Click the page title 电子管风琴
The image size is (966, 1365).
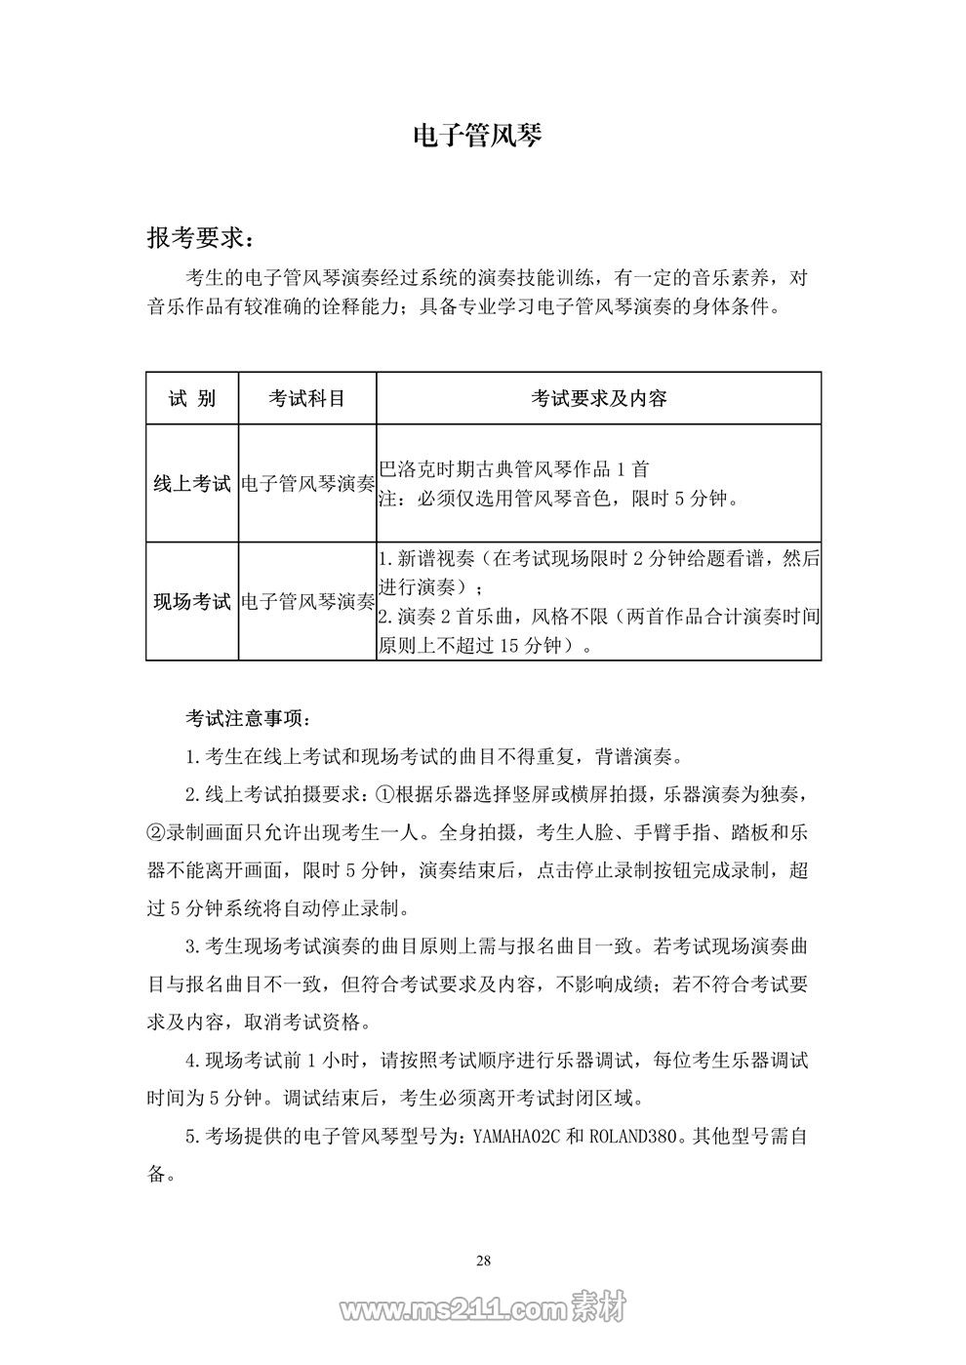477,136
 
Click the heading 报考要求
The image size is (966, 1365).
204,238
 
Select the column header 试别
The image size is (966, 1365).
192,398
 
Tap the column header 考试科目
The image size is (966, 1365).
307,398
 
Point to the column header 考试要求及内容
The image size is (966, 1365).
598,398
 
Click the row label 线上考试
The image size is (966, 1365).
192,483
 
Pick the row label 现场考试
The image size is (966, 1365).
192,601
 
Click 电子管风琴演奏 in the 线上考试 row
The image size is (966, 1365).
307,483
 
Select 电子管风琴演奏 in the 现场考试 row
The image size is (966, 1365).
307,601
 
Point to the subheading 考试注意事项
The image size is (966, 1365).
249,719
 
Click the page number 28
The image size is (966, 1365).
483,1261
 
